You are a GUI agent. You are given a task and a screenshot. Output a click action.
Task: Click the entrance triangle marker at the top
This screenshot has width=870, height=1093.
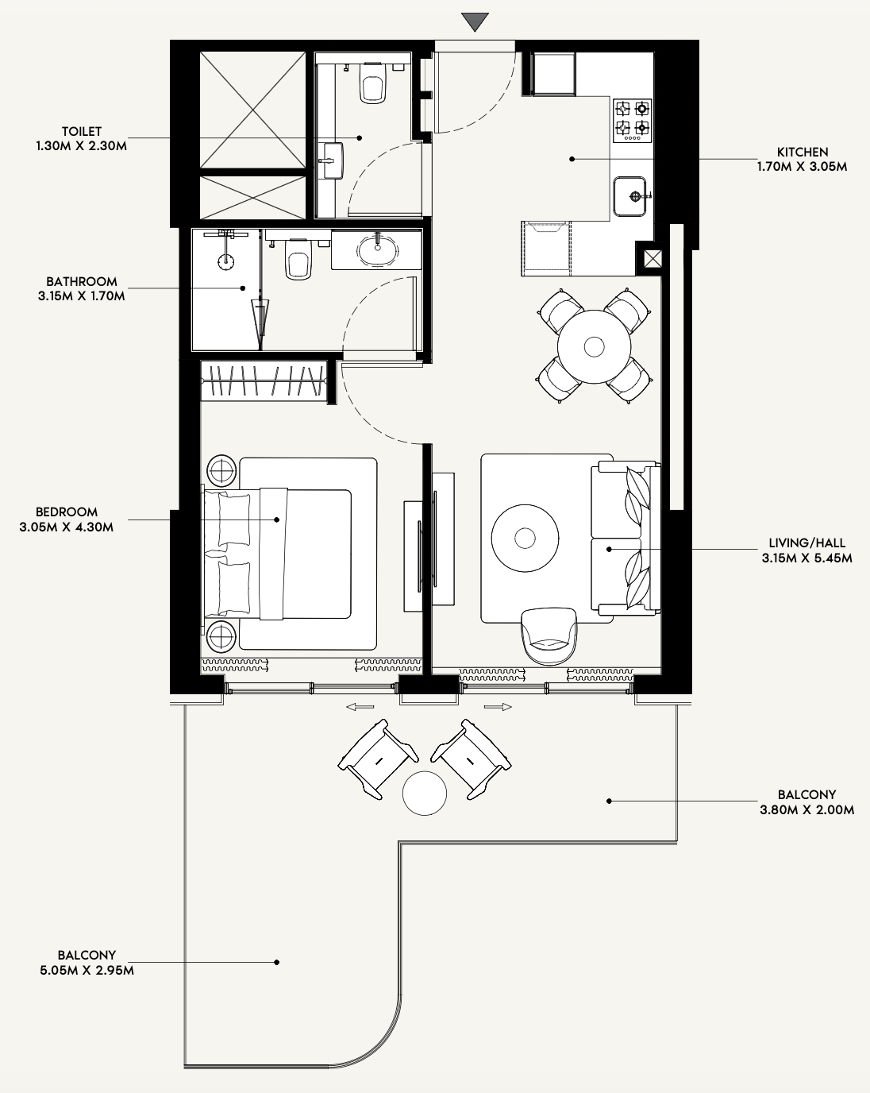[475, 21]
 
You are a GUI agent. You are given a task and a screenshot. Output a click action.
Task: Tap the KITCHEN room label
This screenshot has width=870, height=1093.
[802, 152]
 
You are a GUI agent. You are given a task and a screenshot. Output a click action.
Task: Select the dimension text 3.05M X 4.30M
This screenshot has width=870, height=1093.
[67, 527]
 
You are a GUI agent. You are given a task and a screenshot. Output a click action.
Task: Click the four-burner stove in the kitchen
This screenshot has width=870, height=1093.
[633, 121]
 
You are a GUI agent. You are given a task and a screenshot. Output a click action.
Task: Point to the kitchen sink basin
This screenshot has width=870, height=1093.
[629, 196]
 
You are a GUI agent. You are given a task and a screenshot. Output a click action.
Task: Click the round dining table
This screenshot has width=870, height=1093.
[594, 347]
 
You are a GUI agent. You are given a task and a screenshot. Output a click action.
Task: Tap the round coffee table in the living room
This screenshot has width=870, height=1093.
[525, 538]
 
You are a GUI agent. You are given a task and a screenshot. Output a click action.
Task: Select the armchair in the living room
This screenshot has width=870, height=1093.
[549, 636]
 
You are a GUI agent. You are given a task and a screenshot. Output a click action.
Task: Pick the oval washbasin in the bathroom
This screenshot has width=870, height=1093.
[377, 249]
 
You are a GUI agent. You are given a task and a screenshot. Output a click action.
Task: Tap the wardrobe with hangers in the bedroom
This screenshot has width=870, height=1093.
[263, 380]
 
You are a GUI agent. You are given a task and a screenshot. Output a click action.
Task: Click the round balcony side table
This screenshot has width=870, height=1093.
[425, 794]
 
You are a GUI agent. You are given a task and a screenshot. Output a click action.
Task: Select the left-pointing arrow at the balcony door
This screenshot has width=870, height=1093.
[360, 706]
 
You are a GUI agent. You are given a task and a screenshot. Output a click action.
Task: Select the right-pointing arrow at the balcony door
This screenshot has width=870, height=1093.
[498, 706]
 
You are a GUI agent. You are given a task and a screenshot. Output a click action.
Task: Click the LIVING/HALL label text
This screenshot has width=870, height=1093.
[806, 543]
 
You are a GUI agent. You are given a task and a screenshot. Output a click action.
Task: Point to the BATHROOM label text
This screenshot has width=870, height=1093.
[82, 281]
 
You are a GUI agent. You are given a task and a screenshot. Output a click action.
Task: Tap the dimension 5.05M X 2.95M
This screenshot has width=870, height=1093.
[87, 970]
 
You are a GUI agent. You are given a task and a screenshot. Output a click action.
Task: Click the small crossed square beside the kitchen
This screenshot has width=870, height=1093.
[652, 259]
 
